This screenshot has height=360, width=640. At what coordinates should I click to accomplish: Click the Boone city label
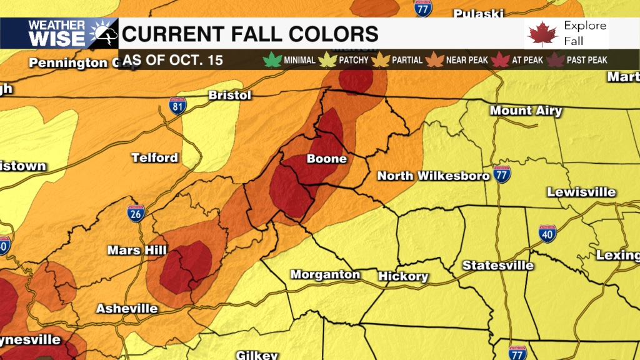[326, 159]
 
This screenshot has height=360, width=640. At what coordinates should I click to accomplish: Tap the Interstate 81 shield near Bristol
[177, 106]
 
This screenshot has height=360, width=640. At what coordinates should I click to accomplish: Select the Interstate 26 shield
[136, 213]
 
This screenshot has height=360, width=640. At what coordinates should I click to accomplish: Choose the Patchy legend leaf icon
[326, 61]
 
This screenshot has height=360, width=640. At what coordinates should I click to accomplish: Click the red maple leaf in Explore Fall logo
[542, 34]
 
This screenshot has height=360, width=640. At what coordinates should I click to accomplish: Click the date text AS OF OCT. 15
[172, 61]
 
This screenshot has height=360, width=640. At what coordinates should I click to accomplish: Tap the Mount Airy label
[526, 111]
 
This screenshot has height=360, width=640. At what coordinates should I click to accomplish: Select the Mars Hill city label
[136, 250]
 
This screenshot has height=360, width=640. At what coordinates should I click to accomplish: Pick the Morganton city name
[325, 274]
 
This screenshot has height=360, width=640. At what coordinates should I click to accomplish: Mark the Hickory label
[403, 276]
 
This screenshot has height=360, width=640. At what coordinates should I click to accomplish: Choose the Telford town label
[154, 157]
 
